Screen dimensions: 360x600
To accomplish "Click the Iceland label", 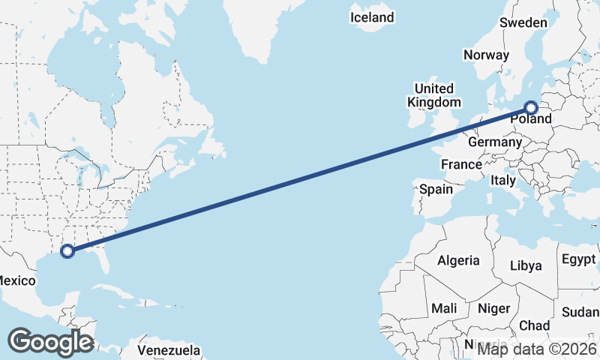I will coord(372,16).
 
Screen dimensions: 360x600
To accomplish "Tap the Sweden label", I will coord(523,23).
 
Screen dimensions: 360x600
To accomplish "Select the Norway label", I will coord(486,55).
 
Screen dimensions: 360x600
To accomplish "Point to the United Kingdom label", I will coord(434,95).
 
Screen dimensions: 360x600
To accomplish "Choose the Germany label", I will coord(494,142).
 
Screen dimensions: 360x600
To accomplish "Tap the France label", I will coord(461,164).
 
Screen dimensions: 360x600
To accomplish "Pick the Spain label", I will coord(436,189).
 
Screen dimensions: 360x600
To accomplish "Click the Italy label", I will coord(502,181).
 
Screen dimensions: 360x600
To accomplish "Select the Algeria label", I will coord(458,261).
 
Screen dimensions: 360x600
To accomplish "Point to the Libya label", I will coord(525,265).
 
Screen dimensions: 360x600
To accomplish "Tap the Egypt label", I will coord(577,259).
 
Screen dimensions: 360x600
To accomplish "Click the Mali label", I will coord(444,308).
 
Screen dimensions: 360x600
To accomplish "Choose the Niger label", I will coord(493,308).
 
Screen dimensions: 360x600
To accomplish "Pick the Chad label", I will coord(534,325).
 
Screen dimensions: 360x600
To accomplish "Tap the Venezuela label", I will coord(169,349).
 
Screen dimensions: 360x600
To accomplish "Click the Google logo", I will coord(50,342).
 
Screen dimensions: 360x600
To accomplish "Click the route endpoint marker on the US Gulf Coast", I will coord(67,250).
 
